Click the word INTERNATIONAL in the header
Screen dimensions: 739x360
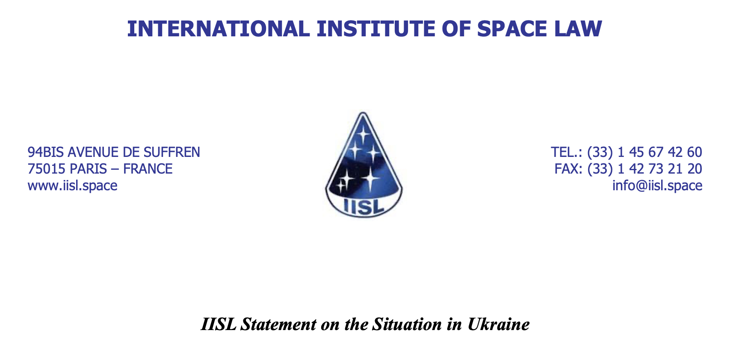click(219, 29)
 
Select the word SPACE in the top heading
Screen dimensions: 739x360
click(511, 29)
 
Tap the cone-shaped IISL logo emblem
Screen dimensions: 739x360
click(364, 165)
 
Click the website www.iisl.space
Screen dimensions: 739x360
click(72, 186)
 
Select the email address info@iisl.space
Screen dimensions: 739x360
click(657, 186)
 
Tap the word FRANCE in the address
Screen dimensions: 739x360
click(148, 169)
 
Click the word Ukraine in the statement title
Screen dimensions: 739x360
click(499, 324)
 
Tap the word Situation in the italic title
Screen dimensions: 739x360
click(407, 324)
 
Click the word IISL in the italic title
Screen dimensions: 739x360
click(219, 324)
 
